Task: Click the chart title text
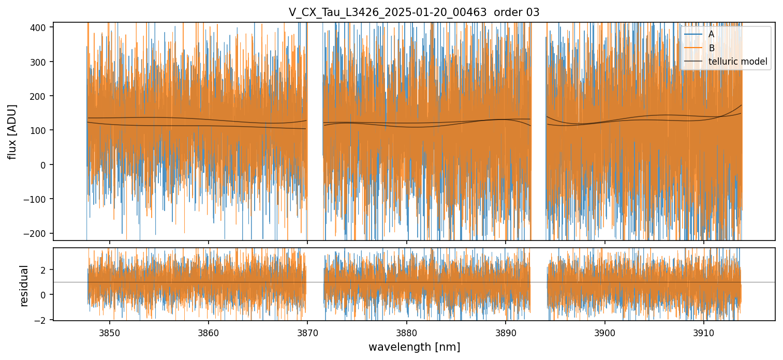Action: coord(414,12)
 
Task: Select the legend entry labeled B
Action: coord(711,48)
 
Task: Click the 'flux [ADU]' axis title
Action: coord(11,131)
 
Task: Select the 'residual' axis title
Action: coord(24,286)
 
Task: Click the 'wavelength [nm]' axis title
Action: coord(414,347)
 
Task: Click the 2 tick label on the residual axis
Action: coord(45,270)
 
